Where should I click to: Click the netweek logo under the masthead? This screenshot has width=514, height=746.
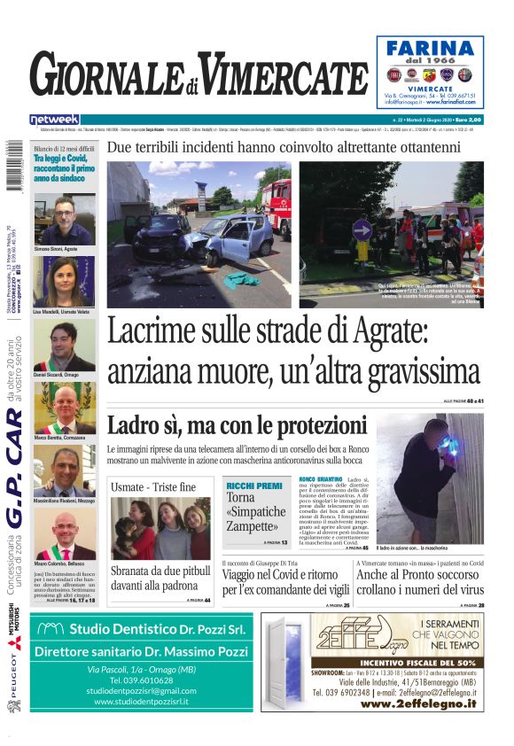54,120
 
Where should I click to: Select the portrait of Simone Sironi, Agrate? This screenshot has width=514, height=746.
64,220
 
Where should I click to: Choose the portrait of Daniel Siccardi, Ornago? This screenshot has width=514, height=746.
64,346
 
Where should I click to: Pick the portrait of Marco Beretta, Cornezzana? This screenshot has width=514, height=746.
64,408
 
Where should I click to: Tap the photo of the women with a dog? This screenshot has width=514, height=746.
160,528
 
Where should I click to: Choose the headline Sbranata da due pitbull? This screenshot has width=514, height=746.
160,579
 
